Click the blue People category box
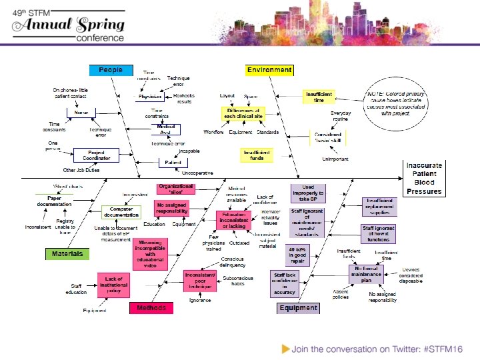pyautogui.click(x=111, y=70)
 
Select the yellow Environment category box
pyautogui.click(x=269, y=70)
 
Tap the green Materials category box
pyautogui.click(x=67, y=254)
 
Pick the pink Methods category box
pyautogui.click(x=151, y=308)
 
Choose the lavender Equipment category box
pyautogui.click(x=298, y=308)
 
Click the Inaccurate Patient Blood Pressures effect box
pyautogui.click(x=424, y=178)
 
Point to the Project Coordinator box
pyautogui.click(x=97, y=156)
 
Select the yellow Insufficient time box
pyautogui.click(x=319, y=97)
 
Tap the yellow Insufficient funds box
pyautogui.click(x=257, y=154)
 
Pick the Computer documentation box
pyautogui.click(x=122, y=212)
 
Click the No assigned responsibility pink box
pyautogui.click(x=172, y=207)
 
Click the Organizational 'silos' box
pyautogui.click(x=175, y=189)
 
